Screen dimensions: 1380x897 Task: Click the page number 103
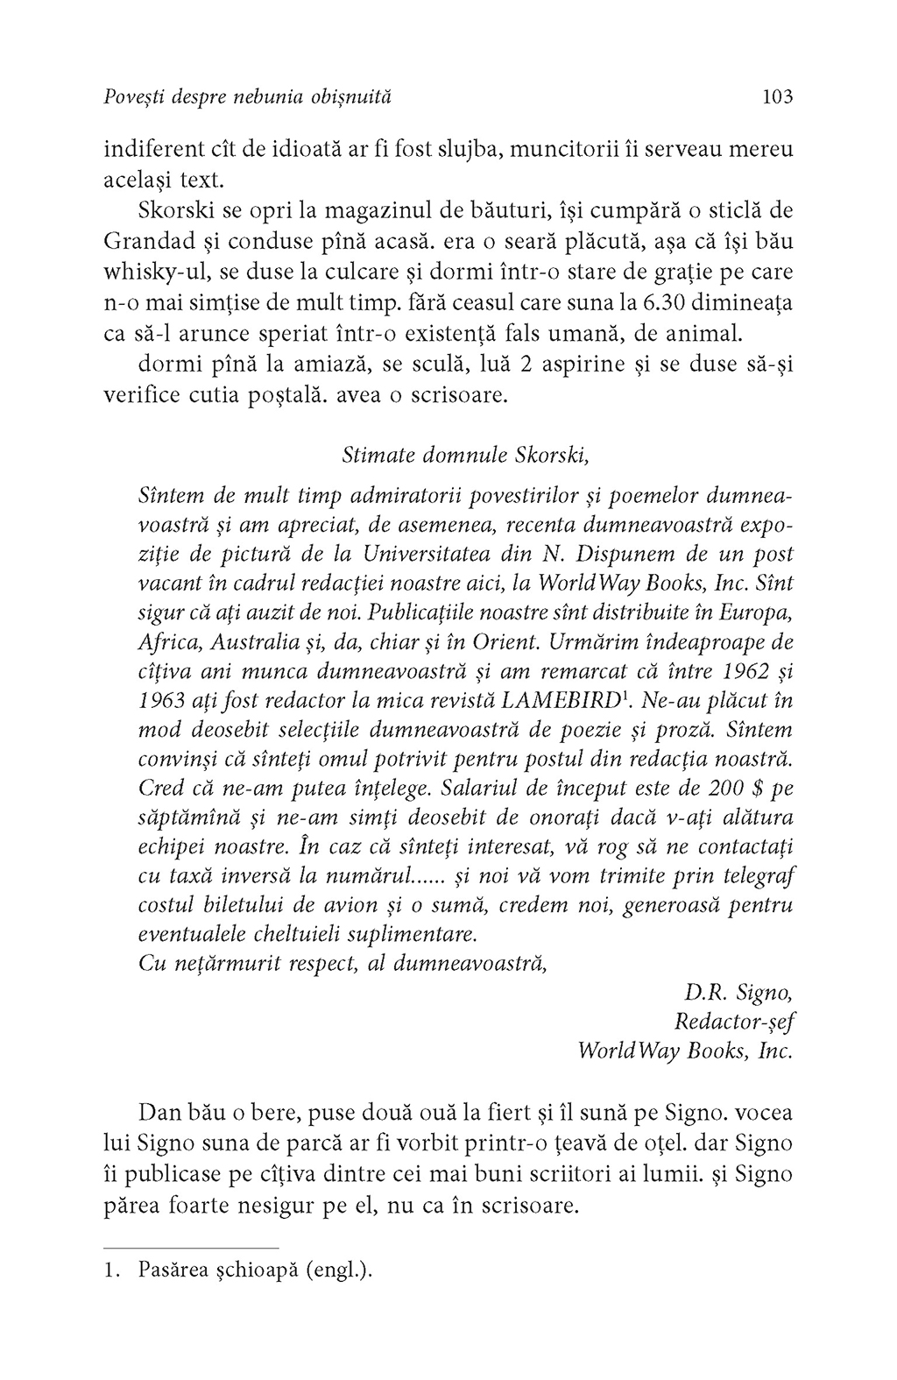point(777,96)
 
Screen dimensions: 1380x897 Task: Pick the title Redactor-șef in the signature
point(734,1023)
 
